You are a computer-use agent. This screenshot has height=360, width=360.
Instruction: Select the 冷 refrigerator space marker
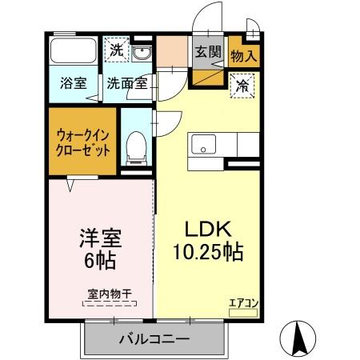(x=241, y=86)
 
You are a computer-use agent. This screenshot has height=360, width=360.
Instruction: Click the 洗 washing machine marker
(x=116, y=50)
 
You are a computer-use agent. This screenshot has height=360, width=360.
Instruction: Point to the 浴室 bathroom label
(x=74, y=82)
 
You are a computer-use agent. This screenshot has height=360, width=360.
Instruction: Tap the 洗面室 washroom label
(x=126, y=82)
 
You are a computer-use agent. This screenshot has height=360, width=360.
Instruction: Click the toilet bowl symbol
(x=136, y=146)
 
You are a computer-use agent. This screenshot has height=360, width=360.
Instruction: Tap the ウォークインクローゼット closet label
(x=80, y=143)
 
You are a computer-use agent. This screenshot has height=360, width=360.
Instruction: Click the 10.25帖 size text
(x=209, y=251)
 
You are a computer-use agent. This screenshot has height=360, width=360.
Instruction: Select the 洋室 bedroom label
(x=101, y=239)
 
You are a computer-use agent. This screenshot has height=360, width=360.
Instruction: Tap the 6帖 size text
(x=101, y=262)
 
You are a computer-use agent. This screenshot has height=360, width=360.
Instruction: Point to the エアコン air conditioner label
(x=243, y=302)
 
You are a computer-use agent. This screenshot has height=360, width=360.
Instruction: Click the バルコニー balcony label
(x=155, y=339)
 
